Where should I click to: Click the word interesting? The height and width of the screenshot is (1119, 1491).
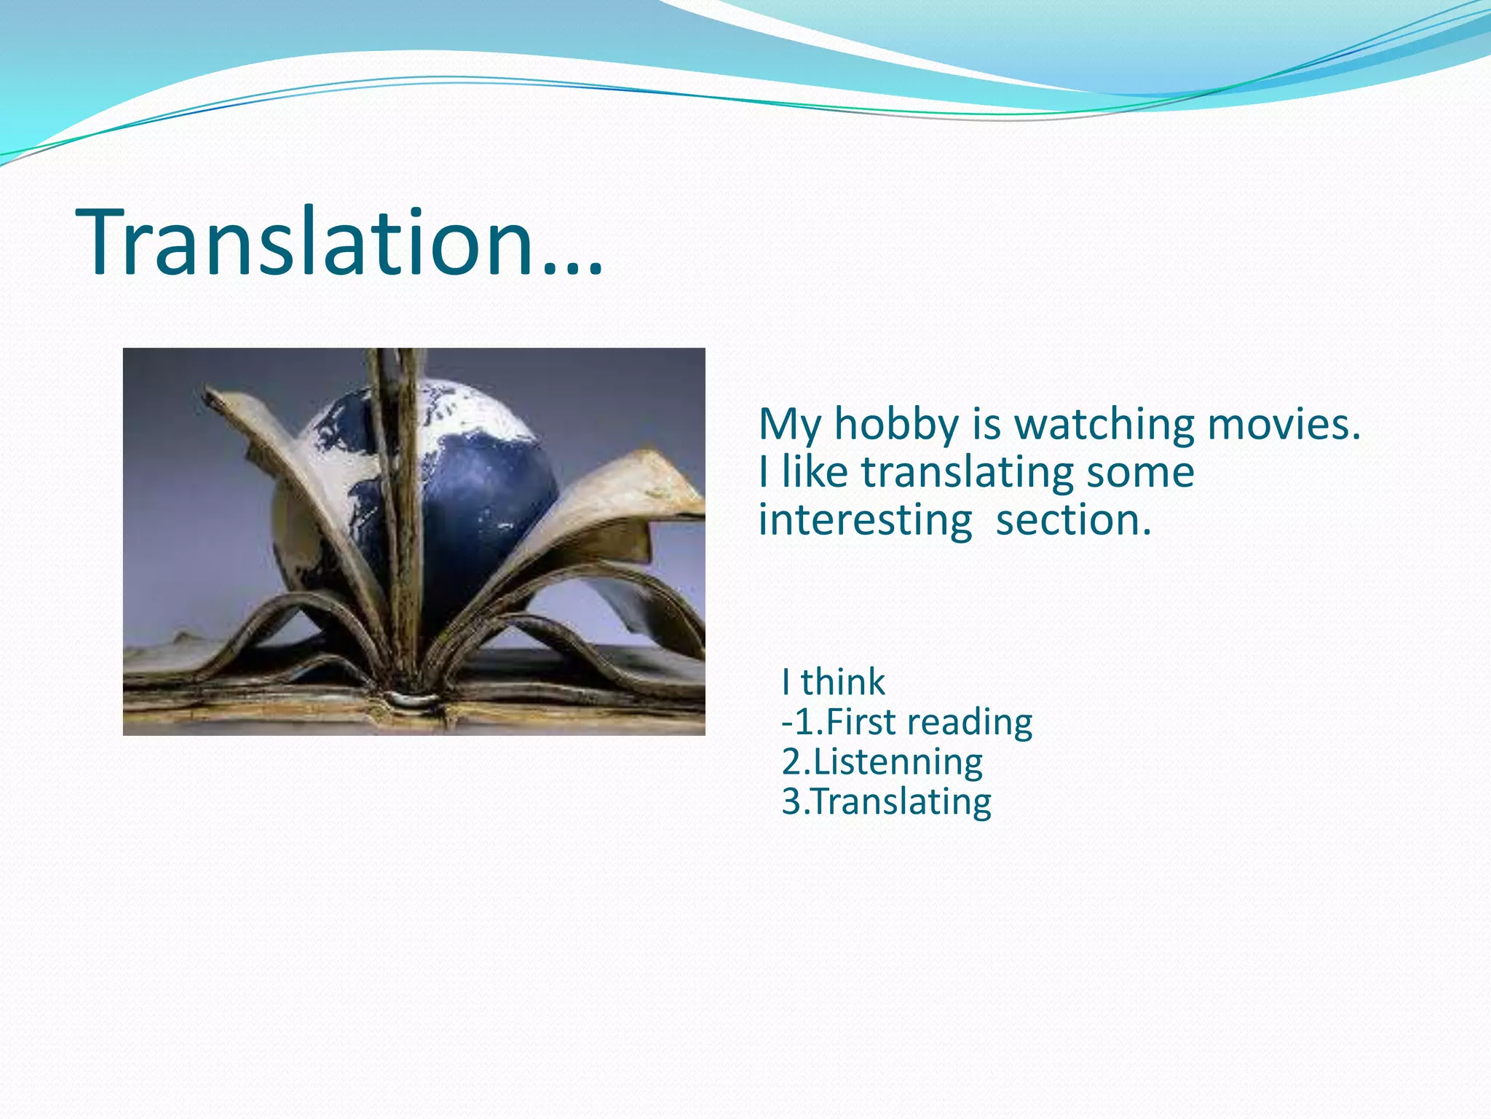(x=865, y=521)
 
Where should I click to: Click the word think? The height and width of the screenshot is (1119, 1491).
(x=843, y=683)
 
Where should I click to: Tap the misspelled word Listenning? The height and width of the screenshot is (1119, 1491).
(x=898, y=762)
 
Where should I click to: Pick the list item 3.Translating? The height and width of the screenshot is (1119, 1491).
(x=887, y=801)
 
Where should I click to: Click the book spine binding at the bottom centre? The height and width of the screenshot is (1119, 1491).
(x=412, y=701)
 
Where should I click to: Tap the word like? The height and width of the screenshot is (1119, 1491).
(x=815, y=473)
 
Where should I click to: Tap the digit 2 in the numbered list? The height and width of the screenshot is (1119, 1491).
(x=791, y=762)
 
